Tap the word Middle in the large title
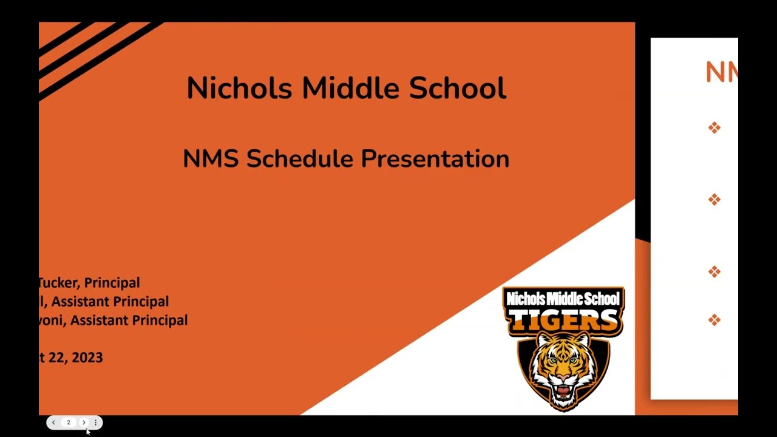[x=350, y=88]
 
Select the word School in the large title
[x=457, y=88]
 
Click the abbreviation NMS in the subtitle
[x=211, y=159]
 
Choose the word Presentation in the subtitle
[x=435, y=159]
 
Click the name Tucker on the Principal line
[x=59, y=283]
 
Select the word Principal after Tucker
[x=112, y=283]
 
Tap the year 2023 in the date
[x=87, y=357]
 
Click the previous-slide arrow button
[x=53, y=422]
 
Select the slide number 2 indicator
[x=69, y=422]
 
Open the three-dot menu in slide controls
[x=95, y=422]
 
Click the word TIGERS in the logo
[x=563, y=320]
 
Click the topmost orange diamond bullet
[x=714, y=127]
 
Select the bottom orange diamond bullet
[x=714, y=320]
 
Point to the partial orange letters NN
[x=721, y=73]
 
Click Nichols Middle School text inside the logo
[x=563, y=299]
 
